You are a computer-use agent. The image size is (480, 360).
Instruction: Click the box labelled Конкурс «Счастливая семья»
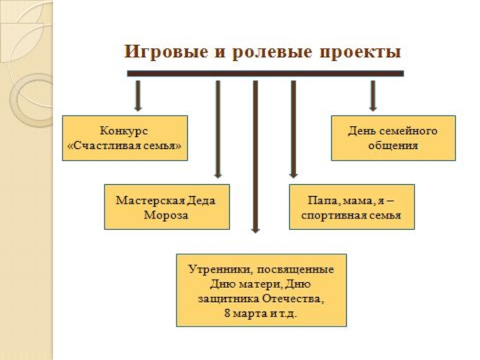click(x=125, y=138)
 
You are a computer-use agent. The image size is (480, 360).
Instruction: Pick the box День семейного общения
click(x=393, y=138)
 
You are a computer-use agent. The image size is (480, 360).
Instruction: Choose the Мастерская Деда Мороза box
click(x=166, y=207)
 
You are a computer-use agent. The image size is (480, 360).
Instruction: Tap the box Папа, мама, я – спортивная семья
click(x=351, y=207)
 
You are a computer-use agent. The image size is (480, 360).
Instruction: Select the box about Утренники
click(x=261, y=290)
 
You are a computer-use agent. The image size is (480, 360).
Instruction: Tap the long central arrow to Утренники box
click(x=256, y=156)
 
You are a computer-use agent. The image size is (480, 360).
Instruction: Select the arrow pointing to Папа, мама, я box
click(x=293, y=129)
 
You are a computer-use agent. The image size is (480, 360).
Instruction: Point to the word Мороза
click(x=166, y=215)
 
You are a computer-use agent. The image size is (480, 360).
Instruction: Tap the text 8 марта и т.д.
click(x=261, y=313)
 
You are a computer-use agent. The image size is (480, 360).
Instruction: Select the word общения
click(x=393, y=146)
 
